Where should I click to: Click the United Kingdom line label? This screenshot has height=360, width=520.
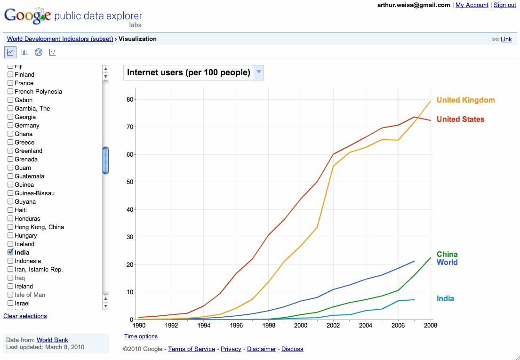click(x=465, y=100)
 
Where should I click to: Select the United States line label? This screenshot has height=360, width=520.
click(x=460, y=119)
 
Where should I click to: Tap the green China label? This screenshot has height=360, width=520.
click(x=447, y=254)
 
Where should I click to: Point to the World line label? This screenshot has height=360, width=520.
click(x=447, y=262)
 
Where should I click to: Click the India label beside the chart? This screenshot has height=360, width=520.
click(x=445, y=298)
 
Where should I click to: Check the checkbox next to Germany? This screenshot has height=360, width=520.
click(x=10, y=125)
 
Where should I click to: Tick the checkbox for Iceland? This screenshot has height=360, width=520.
click(x=10, y=244)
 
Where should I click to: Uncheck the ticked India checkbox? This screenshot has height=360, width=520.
click(x=10, y=252)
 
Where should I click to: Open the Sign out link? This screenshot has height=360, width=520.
click(x=505, y=5)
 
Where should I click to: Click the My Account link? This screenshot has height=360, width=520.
click(x=472, y=5)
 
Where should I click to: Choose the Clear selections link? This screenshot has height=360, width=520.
click(x=25, y=316)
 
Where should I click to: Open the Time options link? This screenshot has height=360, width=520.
click(x=141, y=336)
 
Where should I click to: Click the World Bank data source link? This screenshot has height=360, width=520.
click(x=52, y=340)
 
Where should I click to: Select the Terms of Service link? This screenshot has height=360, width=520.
click(x=192, y=349)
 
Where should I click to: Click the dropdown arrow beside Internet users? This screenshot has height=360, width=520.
click(x=259, y=72)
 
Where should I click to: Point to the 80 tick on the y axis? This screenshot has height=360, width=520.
click(x=129, y=100)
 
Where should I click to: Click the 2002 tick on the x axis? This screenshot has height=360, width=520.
click(x=334, y=325)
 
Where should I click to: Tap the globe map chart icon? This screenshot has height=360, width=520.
click(x=39, y=52)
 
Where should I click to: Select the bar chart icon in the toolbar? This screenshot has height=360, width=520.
click(x=24, y=52)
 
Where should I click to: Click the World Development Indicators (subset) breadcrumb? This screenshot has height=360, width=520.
click(x=60, y=39)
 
